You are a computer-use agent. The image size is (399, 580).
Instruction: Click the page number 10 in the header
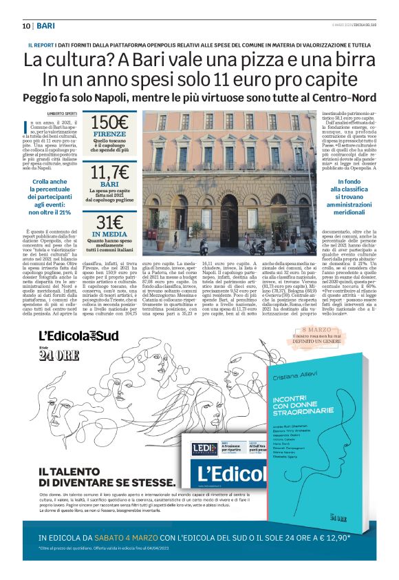coord(26,26)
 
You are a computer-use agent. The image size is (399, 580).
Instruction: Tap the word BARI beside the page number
coord(46,26)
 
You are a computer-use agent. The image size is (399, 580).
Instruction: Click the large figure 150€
coord(110,123)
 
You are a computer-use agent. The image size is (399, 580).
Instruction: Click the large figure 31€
coord(110,222)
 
